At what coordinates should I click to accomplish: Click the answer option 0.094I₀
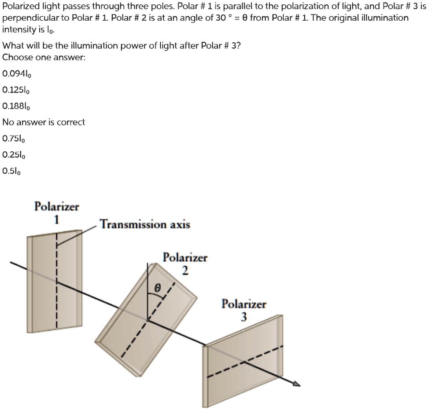(x=17, y=73)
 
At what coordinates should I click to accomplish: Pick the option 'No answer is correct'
(x=44, y=122)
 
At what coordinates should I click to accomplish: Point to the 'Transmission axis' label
(x=145, y=225)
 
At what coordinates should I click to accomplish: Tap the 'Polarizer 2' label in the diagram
(x=185, y=264)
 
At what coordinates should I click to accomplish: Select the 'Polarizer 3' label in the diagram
(x=244, y=310)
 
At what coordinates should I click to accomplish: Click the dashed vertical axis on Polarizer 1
(x=56, y=282)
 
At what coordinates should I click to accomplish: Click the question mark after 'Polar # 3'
(x=239, y=45)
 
